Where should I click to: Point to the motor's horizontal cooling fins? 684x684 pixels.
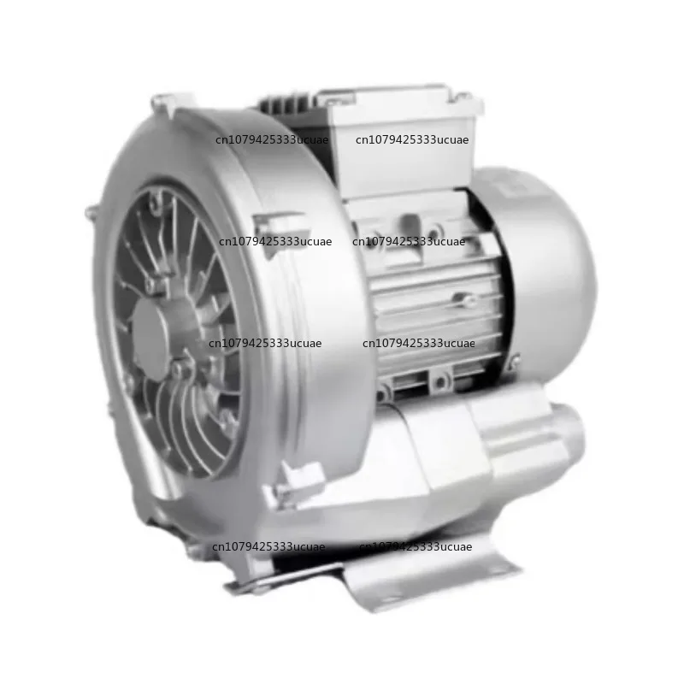436,299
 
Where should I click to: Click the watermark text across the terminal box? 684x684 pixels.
412,140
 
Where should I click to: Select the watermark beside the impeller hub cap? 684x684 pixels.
265,343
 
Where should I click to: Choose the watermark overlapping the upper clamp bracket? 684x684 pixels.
274,242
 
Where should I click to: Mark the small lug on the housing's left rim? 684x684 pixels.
91,212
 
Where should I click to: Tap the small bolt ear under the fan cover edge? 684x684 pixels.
511,365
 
